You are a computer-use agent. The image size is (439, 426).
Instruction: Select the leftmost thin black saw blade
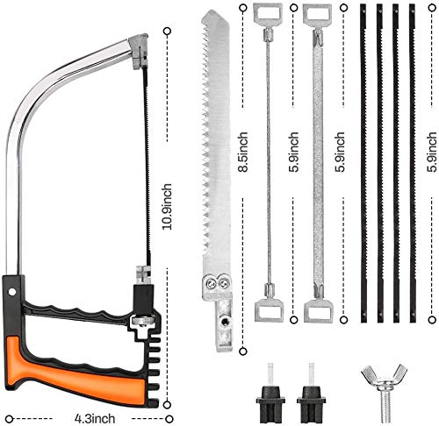(363, 162)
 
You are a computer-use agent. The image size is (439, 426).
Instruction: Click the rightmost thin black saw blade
(412, 162)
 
